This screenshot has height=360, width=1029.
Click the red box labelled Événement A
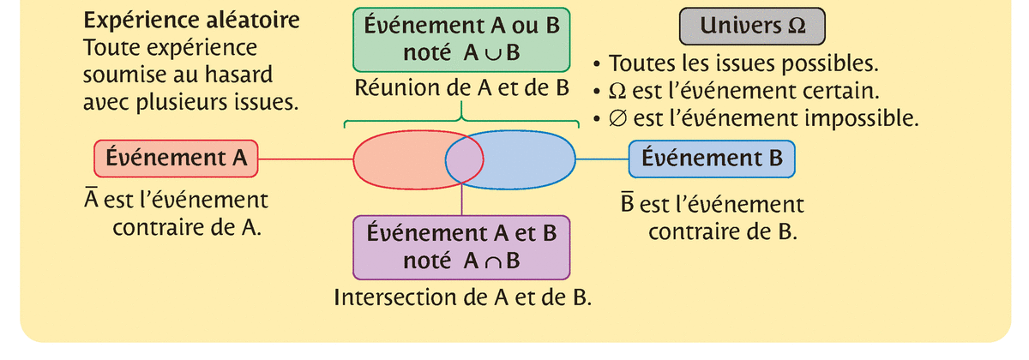pos(175,159)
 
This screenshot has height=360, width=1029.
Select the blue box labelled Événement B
pos(712,159)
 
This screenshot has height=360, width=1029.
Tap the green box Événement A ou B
pos(462,39)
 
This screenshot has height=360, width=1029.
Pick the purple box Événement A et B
pos(462,246)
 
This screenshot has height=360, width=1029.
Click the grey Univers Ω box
pos(753,27)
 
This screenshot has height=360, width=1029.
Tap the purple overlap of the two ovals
pos(464,159)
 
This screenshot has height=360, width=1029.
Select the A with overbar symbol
pos(89,202)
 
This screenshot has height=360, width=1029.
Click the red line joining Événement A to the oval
pos(306,159)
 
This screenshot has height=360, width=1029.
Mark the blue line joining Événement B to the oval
pos(601,159)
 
